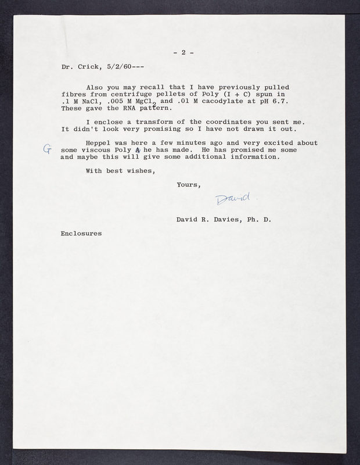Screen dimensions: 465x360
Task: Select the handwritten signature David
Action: (232, 199)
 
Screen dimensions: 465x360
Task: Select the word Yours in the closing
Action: (189, 185)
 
